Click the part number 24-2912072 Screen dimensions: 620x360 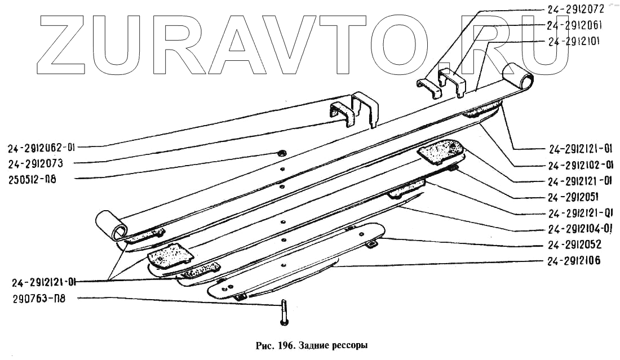(x=575, y=9)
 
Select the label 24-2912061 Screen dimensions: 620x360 (x=575, y=25)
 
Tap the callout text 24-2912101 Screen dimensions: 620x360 (x=575, y=41)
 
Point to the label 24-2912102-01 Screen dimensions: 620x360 (x=580, y=166)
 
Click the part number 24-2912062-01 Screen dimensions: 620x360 (x=41, y=149)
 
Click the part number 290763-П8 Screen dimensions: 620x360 (x=36, y=299)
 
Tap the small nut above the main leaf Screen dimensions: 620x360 (x=281, y=152)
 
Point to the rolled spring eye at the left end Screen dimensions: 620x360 (x=111, y=224)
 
